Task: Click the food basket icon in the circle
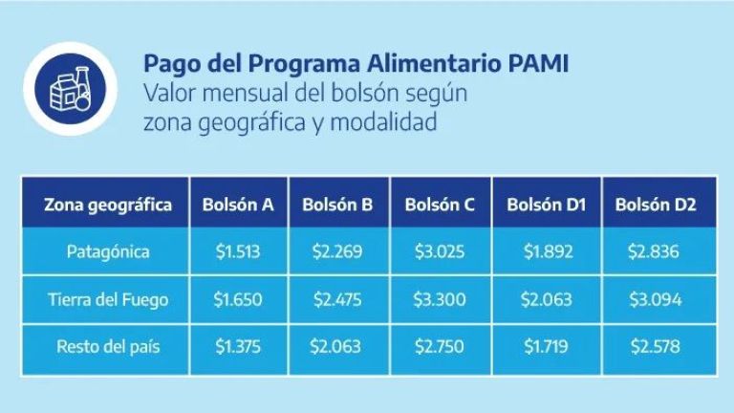pos(71,89)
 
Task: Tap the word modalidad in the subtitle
pos(383,122)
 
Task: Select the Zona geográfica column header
pos(108,205)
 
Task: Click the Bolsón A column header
pos(238,205)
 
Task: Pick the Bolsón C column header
pos(440,205)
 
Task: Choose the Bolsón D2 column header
pos(656,205)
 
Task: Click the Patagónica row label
pos(108,252)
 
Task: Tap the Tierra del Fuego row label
pos(108,299)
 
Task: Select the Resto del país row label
pos(108,347)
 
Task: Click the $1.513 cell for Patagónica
pos(238,252)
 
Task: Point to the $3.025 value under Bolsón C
pos(440,252)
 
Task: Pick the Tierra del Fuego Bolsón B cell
pos(337,299)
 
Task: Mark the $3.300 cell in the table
pos(440,299)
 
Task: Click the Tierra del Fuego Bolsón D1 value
pos(547,299)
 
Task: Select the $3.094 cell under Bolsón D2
pos(656,299)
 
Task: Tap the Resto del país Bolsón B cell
pos(335,347)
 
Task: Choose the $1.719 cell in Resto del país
pos(546,347)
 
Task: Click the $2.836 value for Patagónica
pos(654,252)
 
